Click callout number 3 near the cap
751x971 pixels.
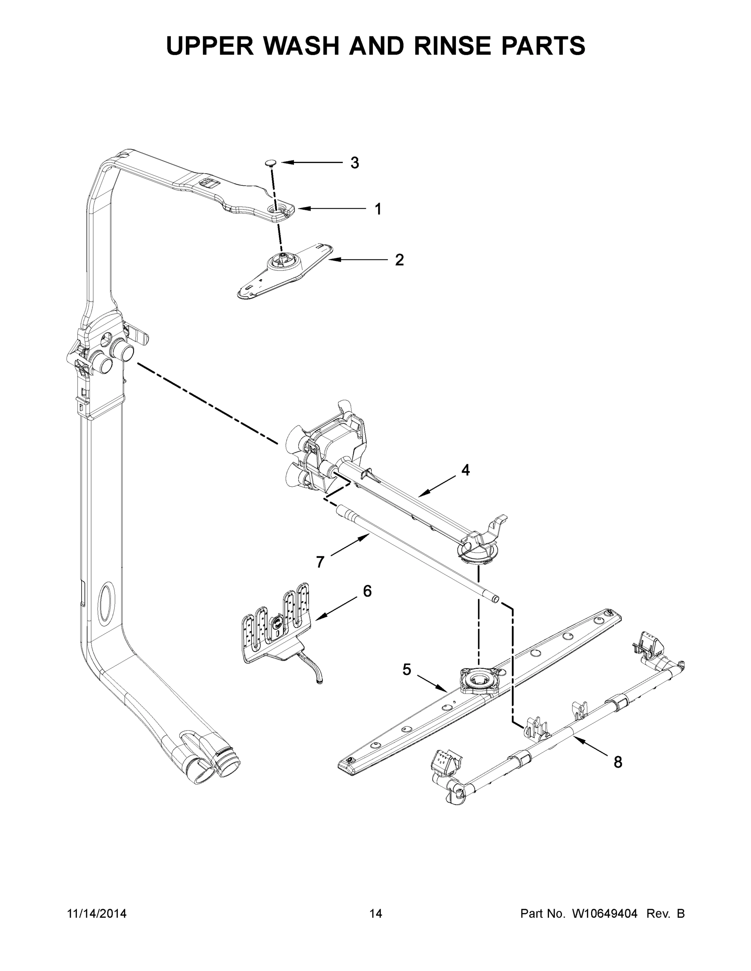[x=354, y=163]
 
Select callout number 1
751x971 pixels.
[x=378, y=209]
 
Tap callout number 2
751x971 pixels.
[x=399, y=260]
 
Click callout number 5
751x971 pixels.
[x=406, y=670]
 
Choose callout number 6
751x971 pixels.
[x=367, y=592]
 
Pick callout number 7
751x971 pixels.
[x=320, y=562]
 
